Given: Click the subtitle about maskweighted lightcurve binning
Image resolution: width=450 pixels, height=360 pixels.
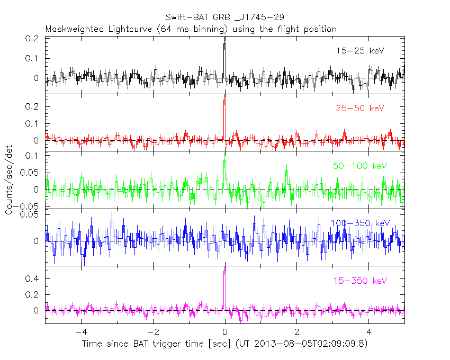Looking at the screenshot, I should pos(191,29).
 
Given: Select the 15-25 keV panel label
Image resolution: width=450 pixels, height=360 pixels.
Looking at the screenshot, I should pos(359,51).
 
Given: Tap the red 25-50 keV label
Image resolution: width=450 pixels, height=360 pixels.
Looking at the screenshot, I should pos(359,109).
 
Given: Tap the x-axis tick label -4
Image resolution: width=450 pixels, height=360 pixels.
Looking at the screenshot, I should pos(79,332).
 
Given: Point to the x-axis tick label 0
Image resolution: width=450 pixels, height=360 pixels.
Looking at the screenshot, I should pos(225,332).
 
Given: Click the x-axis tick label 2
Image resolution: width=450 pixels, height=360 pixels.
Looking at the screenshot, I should pos(297,332).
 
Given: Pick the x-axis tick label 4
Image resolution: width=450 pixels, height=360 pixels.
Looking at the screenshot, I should pos(369,332).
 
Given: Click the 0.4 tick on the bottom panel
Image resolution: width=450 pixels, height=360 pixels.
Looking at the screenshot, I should pos(34,278).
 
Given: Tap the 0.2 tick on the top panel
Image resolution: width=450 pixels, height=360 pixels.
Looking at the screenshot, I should pos(34,39).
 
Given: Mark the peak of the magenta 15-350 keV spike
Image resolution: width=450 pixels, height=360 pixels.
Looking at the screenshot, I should pos(225,271).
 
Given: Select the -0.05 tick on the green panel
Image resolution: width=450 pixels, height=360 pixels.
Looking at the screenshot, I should pos(30,206).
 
